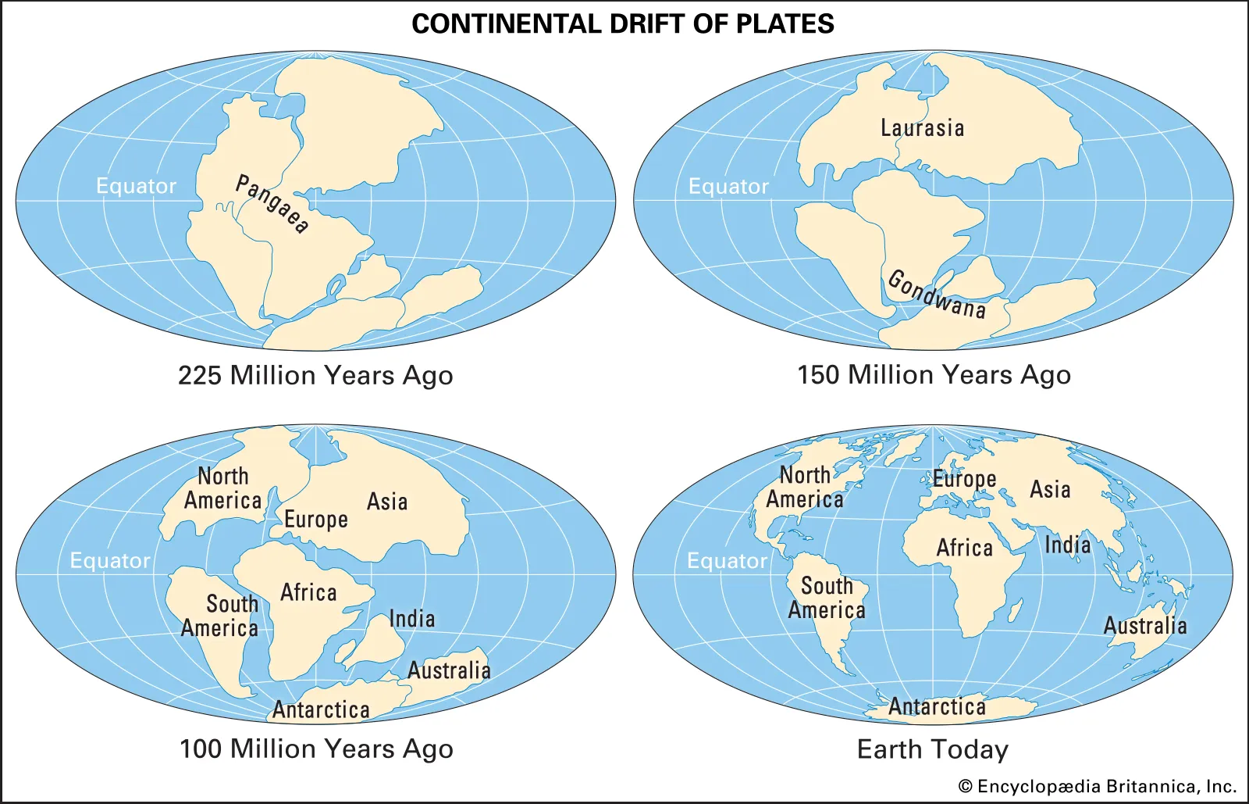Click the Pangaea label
(272, 204)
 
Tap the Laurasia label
(922, 128)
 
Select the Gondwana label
(937, 294)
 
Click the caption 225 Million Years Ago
(315, 376)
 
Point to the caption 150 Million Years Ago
(934, 375)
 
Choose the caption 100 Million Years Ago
(316, 749)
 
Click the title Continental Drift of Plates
(623, 24)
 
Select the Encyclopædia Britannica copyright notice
(1098, 787)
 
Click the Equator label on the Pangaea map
(136, 186)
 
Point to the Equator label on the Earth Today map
(727, 561)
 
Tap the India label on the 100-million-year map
(412, 619)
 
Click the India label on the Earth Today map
(1067, 545)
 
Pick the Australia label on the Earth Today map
(1144, 626)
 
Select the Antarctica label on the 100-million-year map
(321, 709)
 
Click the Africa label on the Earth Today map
(964, 548)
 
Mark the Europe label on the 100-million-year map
(315, 520)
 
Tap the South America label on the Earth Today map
(827, 598)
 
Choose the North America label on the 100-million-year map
(222, 488)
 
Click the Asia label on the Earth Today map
(1050, 490)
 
